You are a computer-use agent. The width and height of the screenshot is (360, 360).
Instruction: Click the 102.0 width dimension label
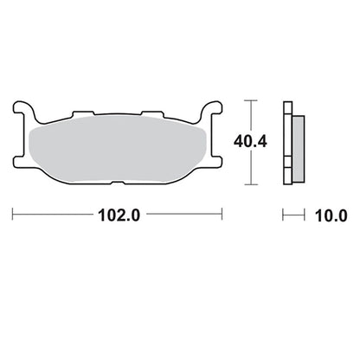(119, 215)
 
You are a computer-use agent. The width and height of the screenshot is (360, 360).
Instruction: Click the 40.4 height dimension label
(250, 142)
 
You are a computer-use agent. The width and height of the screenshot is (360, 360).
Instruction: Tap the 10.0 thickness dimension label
(331, 215)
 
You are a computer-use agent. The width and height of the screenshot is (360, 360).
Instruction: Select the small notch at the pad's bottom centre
(118, 183)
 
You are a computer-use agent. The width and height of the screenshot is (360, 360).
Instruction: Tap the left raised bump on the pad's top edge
(83, 113)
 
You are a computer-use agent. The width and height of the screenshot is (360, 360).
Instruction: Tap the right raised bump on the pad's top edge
(152, 113)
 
